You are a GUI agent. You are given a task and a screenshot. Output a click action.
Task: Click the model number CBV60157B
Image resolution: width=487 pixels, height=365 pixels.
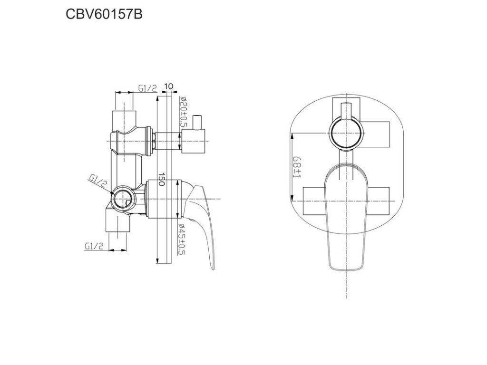pyautogui.click(x=103, y=14)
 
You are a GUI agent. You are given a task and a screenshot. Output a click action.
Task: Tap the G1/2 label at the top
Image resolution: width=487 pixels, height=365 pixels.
pyautogui.click(x=147, y=88)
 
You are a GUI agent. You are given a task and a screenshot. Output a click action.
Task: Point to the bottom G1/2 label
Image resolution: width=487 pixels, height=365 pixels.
pyautogui.click(x=94, y=246)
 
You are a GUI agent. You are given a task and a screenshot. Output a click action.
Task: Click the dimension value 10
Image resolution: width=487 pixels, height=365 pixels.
pyautogui.click(x=168, y=86)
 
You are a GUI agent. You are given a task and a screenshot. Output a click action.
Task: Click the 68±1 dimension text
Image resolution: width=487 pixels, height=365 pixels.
pyautogui.click(x=297, y=168)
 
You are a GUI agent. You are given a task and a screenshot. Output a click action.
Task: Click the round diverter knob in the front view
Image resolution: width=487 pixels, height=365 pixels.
pyautogui.click(x=345, y=134)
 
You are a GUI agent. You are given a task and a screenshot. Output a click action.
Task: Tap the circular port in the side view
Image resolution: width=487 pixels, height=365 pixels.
pyautogui.click(x=123, y=198)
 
